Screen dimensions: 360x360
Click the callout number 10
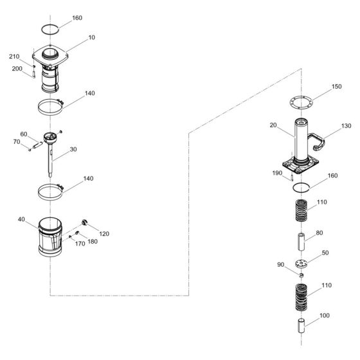click(x=91, y=37)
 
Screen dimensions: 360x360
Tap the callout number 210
click(x=14, y=57)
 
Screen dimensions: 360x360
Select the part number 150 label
click(x=337, y=87)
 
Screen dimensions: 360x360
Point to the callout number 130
click(x=346, y=126)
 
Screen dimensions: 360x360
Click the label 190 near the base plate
click(x=277, y=173)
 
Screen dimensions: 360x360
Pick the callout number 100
click(x=325, y=316)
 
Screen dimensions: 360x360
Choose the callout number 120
click(x=104, y=234)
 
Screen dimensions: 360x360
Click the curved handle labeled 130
click(x=317, y=142)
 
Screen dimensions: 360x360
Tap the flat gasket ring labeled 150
click(x=301, y=96)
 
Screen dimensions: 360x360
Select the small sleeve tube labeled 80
click(x=301, y=242)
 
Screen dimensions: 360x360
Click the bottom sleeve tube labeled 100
click(x=301, y=325)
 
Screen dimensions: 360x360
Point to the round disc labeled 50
click(x=301, y=264)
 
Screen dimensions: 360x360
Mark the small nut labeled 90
click(x=301, y=275)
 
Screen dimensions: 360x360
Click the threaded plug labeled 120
click(x=85, y=222)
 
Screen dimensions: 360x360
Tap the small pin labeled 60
click(x=38, y=145)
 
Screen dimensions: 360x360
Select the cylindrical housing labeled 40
click(x=50, y=237)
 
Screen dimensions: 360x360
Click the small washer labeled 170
click(x=70, y=237)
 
